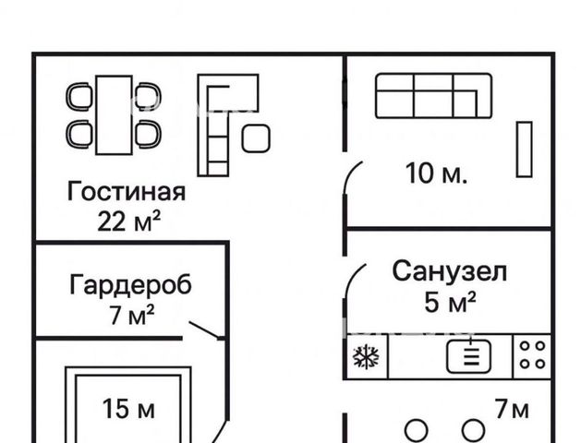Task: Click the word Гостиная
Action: (x=126, y=192)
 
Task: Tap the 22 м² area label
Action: (x=129, y=221)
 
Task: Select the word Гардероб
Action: (x=131, y=285)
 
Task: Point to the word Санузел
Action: (x=450, y=272)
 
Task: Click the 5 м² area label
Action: (x=450, y=302)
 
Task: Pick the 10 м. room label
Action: (x=436, y=174)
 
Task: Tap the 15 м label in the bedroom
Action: (x=128, y=409)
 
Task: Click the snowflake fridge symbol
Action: (x=366, y=357)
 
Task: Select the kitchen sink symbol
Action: (x=468, y=357)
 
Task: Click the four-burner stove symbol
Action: (x=532, y=355)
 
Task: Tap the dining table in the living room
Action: (x=114, y=114)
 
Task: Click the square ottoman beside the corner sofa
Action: (x=256, y=138)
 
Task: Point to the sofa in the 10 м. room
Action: (x=434, y=96)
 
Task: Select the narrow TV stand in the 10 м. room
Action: (x=525, y=150)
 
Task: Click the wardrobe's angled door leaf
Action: (x=204, y=329)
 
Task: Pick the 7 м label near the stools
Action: (x=512, y=409)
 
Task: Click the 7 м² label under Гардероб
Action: (x=132, y=315)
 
